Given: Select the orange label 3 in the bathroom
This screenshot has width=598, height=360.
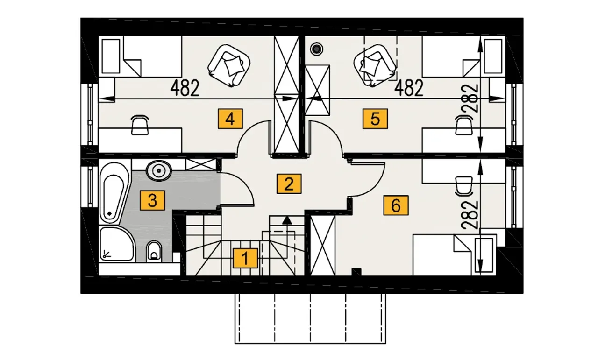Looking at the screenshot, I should point(152,201).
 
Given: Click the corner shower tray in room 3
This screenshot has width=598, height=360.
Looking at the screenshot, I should point(116,245).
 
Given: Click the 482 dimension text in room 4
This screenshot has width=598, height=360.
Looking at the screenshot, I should point(185,88).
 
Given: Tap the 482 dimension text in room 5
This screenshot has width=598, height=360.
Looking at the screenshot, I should point(409,88).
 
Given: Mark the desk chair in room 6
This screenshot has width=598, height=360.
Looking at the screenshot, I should point(464,185).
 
